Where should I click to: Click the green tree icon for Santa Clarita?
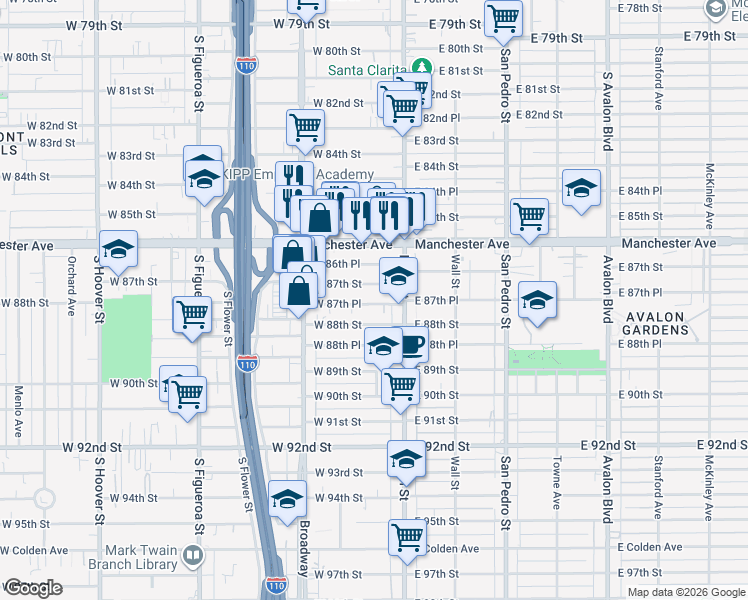tap(422, 68)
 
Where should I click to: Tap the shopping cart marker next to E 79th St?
tap(504, 17)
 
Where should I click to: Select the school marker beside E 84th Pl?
tap(581, 188)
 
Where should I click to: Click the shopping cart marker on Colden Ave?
tap(407, 537)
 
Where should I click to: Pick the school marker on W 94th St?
tap(288, 498)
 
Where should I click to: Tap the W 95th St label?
tap(25, 524)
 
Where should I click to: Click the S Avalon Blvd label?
tap(606, 111)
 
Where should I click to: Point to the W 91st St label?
tap(337, 422)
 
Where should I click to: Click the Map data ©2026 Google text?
tap(687, 592)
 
